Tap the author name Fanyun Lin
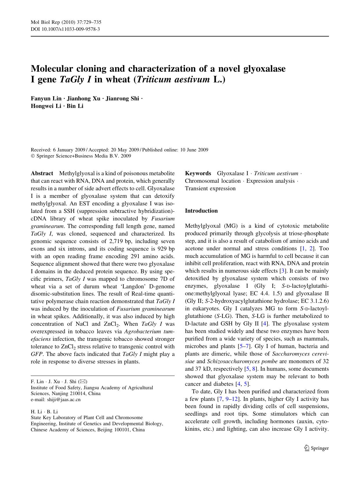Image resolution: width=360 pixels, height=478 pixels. click(x=46, y=98)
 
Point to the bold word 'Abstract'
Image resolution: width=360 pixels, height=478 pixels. click(x=42, y=173)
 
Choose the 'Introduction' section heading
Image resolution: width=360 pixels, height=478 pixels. click(x=201, y=211)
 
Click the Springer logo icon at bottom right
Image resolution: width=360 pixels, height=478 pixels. click(x=307, y=448)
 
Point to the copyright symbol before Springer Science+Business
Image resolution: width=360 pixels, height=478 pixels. click(x=32, y=156)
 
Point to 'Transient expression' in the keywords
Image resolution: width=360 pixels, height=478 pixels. click(x=210, y=189)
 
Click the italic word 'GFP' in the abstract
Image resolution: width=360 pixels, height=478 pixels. click(x=37, y=354)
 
